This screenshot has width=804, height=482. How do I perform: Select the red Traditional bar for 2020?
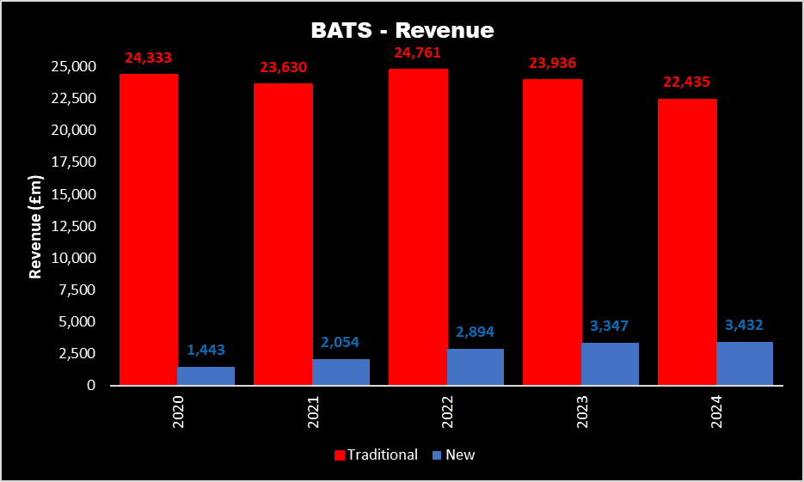tap(149, 229)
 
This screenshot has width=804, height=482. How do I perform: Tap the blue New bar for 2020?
tap(206, 376)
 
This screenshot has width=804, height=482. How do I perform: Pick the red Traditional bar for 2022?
tap(418, 227)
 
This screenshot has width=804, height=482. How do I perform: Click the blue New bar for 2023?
tap(610, 364)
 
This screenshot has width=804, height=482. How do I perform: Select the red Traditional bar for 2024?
tap(687, 241)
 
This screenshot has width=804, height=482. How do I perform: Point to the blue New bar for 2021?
tap(341, 372)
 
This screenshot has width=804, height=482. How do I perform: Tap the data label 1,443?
tap(206, 351)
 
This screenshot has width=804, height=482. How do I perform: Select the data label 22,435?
tap(686, 82)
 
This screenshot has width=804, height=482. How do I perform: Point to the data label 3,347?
tap(610, 326)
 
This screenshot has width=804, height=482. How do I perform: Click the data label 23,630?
tap(283, 68)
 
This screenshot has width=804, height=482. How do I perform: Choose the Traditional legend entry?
tap(377, 455)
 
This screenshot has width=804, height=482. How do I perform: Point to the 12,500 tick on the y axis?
tap(72, 226)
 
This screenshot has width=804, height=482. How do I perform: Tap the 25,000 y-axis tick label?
tap(72, 67)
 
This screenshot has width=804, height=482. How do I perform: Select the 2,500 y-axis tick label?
tap(76, 353)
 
